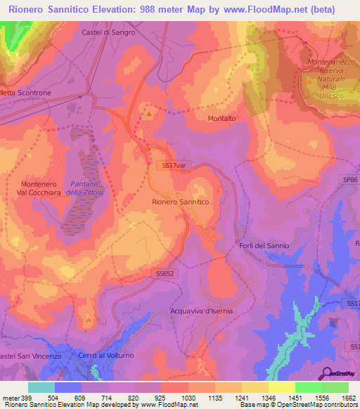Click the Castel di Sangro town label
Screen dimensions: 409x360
coord(108,32)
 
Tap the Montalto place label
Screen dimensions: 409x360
coord(222,119)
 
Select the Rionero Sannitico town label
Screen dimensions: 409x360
coord(181,202)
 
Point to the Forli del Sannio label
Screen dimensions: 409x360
coord(264,245)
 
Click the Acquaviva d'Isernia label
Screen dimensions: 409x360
coord(201,310)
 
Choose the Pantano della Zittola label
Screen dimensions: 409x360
coord(84,188)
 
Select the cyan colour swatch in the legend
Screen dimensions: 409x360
coord(41,387)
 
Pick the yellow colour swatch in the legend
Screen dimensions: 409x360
coord(282,387)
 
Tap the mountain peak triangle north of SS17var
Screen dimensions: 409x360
coord(149,111)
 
